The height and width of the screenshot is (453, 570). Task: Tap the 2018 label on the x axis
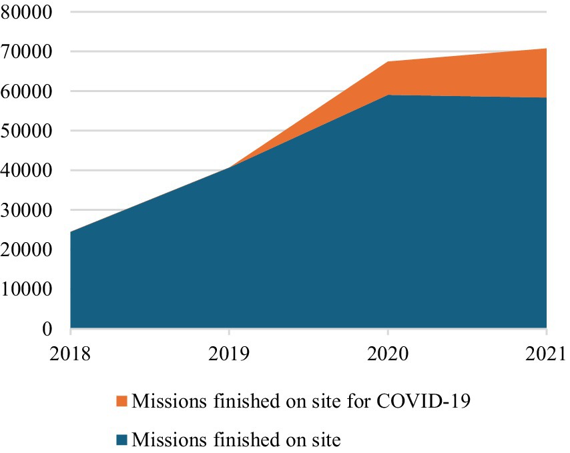pos(70,352)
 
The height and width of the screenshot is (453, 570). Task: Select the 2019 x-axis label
pos(229,352)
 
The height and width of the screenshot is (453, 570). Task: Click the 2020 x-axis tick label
pos(388,352)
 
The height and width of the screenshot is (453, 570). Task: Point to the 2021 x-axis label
pos(546,352)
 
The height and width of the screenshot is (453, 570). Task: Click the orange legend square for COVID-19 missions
pos(121,402)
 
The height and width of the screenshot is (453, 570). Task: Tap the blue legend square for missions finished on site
pos(121,440)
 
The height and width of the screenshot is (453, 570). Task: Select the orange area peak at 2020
pos(388,62)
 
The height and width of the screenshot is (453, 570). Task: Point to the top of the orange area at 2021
pos(546,49)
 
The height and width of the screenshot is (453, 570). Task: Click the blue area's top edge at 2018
pos(71,232)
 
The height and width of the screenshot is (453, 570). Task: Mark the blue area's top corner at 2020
pos(388,95)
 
